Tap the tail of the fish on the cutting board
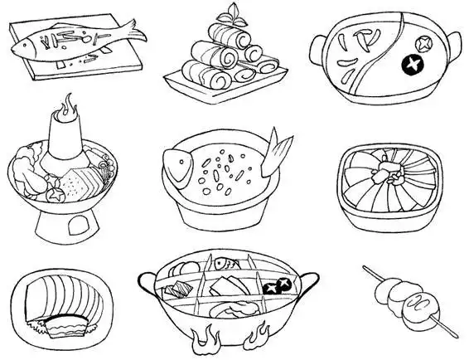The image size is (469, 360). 133,33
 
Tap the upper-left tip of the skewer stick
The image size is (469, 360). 365,268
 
